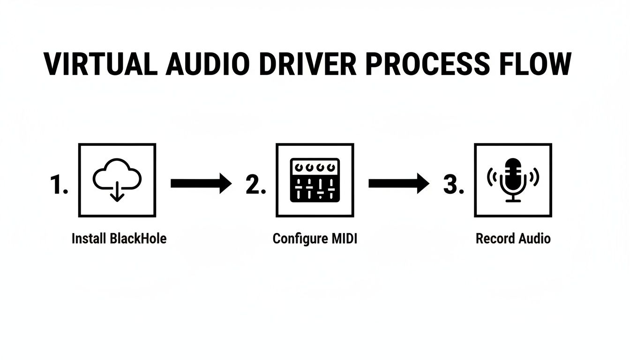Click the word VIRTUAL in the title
pos(100,64)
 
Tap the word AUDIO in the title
pos(207,64)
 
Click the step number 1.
pos(59,186)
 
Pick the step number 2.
pos(256,186)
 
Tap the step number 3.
pos(454,186)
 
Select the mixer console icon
pos(315,180)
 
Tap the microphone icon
pos(513,180)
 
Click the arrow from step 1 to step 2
pos(201,183)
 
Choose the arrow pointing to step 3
pos(398,183)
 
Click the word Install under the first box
pos(89,239)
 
